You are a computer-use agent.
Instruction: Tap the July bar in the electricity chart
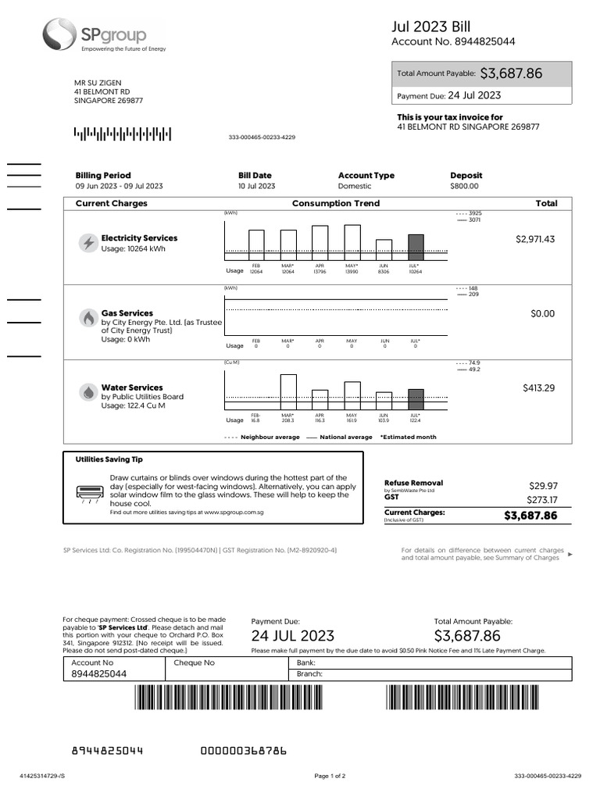pyautogui.click(x=416, y=247)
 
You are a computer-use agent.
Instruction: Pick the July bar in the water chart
pyautogui.click(x=416, y=399)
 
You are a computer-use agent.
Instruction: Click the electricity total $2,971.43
pyautogui.click(x=535, y=239)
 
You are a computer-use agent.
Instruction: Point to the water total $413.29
pyautogui.click(x=538, y=387)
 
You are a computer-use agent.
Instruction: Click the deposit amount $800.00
pyautogui.click(x=464, y=186)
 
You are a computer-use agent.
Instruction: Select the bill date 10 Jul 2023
pyautogui.click(x=256, y=186)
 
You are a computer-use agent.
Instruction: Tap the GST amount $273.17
pyautogui.click(x=543, y=500)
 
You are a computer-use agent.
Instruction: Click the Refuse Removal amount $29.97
pyautogui.click(x=544, y=485)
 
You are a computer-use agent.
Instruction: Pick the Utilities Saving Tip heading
pyautogui.click(x=109, y=460)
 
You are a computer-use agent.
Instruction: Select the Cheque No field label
pyautogui.click(x=194, y=662)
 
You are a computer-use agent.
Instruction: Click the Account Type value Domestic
pyautogui.click(x=355, y=186)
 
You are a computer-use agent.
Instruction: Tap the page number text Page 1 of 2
pyautogui.click(x=330, y=776)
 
